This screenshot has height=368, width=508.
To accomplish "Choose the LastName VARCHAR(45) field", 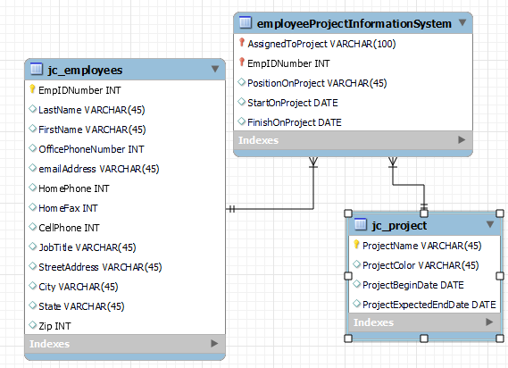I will (x=92, y=110).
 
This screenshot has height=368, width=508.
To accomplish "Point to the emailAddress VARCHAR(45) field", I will (x=98, y=169).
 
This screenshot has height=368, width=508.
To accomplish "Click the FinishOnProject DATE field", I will (x=295, y=122).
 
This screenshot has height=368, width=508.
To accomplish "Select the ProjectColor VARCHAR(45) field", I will (x=420, y=265).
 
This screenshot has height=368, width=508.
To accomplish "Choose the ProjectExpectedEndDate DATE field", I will (x=429, y=305).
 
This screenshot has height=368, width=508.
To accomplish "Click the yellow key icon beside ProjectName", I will (x=356, y=245).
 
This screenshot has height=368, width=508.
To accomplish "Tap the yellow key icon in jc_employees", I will (x=33, y=90).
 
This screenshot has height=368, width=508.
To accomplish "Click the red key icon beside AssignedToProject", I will (x=241, y=43).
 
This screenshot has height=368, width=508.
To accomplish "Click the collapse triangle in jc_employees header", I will (x=214, y=69).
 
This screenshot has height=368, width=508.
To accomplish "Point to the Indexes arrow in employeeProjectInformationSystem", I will (x=462, y=140).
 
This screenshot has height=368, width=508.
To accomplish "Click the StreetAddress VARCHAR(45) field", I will (x=100, y=267).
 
